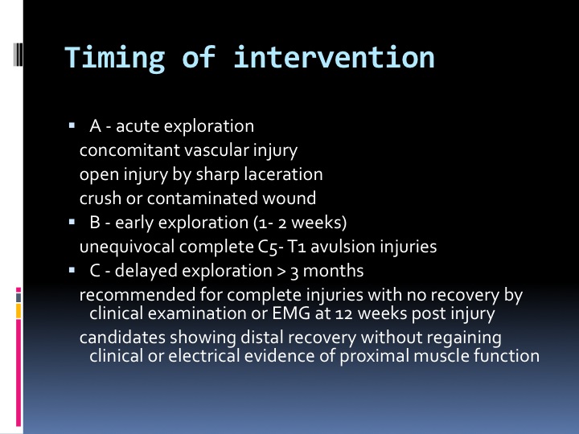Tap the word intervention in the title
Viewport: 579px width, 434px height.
[334, 57]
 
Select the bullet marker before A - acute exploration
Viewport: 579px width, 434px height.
[72, 126]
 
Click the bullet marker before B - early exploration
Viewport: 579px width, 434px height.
[72, 222]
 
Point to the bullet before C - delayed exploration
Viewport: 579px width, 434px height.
[72, 271]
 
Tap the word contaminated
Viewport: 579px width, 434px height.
[203, 199]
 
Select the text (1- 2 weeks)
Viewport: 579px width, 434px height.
[300, 223]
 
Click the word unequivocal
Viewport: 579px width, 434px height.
[127, 247]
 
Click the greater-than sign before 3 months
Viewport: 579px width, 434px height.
[281, 272]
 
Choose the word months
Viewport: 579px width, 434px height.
[333, 271]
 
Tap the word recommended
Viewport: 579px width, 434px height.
[138, 295]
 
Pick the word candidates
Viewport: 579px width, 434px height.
[122, 338]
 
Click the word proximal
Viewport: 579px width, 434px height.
[375, 357]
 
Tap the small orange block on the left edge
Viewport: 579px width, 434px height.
[18, 311]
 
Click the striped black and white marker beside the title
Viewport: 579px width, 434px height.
[18, 55]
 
